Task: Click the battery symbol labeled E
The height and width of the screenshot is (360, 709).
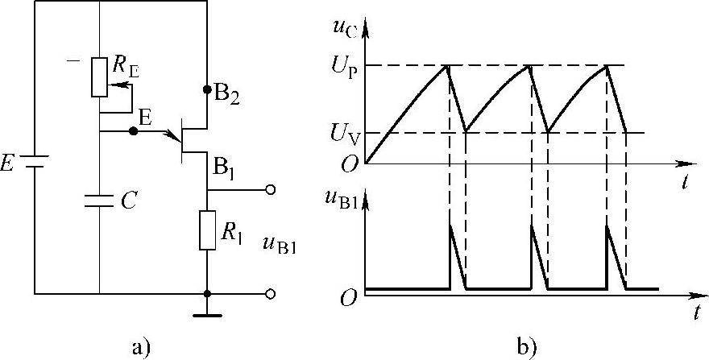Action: [35, 163]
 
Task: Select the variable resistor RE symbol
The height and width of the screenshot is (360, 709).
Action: [99, 77]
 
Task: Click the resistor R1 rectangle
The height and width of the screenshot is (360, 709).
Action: [207, 230]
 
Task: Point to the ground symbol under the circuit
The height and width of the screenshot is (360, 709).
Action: [207, 313]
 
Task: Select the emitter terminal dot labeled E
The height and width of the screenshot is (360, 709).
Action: [133, 130]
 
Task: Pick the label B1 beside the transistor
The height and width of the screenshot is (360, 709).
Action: [226, 168]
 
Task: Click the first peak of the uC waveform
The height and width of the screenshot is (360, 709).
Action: [449, 65]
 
